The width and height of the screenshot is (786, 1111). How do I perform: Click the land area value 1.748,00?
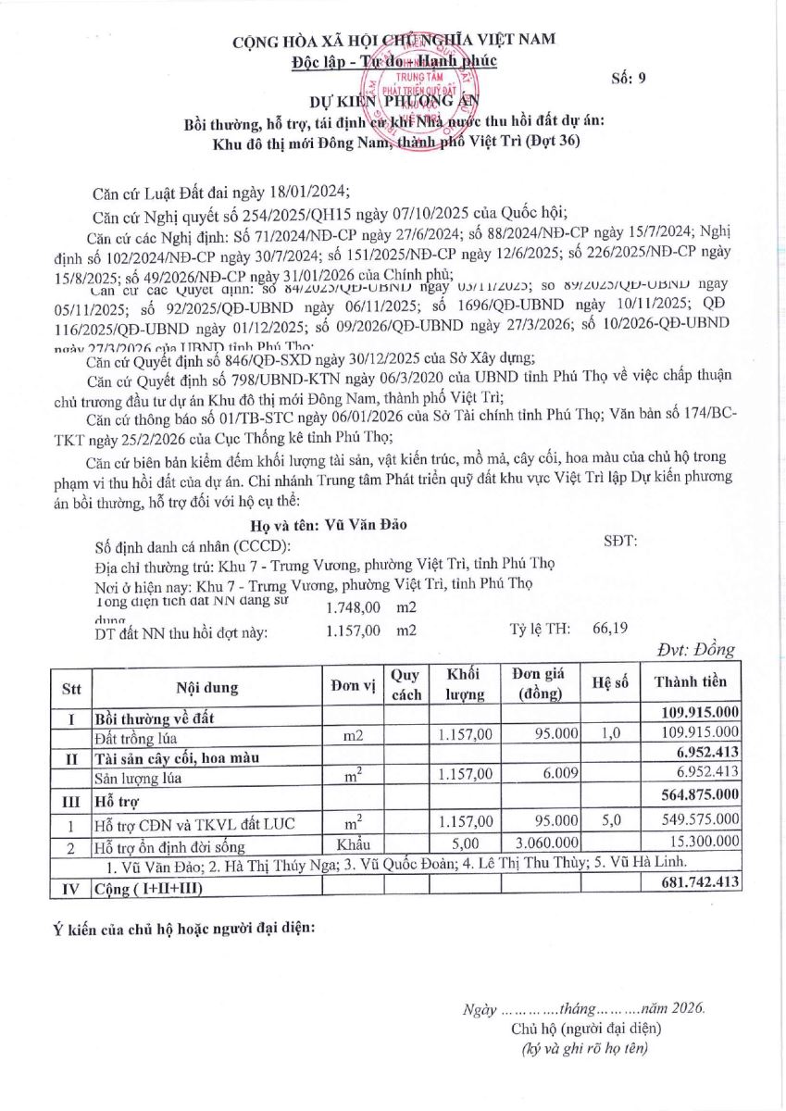[354, 608]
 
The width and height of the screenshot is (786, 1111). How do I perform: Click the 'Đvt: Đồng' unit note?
[695, 649]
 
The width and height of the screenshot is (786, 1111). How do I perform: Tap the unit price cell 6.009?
[560, 779]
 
